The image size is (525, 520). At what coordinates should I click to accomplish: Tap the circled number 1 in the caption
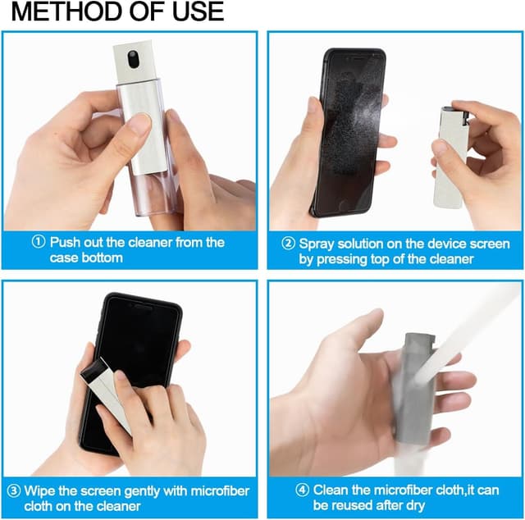39,243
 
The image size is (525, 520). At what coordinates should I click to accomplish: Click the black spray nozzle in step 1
133,59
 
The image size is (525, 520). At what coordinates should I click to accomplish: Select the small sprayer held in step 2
452,156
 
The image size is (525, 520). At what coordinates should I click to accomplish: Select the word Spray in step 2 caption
316,244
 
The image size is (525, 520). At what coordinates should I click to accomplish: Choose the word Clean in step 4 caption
329,491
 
